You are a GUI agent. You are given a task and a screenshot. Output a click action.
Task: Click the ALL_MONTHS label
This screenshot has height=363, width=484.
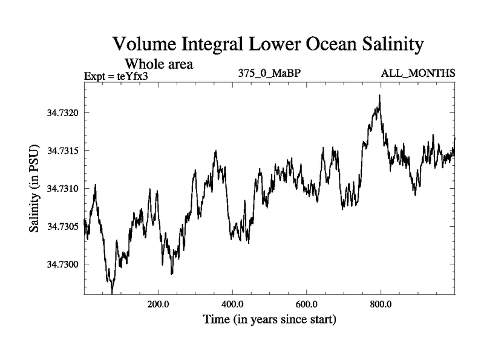[418, 74]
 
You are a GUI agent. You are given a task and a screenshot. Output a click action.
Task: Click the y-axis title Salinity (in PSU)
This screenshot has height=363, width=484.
[34, 189]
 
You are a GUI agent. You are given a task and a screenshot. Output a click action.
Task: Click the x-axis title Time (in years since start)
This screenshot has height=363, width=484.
[270, 319]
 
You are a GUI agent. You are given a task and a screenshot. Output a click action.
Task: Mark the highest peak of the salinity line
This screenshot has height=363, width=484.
[379, 96]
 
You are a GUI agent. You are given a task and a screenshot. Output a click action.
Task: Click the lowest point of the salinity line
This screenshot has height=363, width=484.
[113, 293]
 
